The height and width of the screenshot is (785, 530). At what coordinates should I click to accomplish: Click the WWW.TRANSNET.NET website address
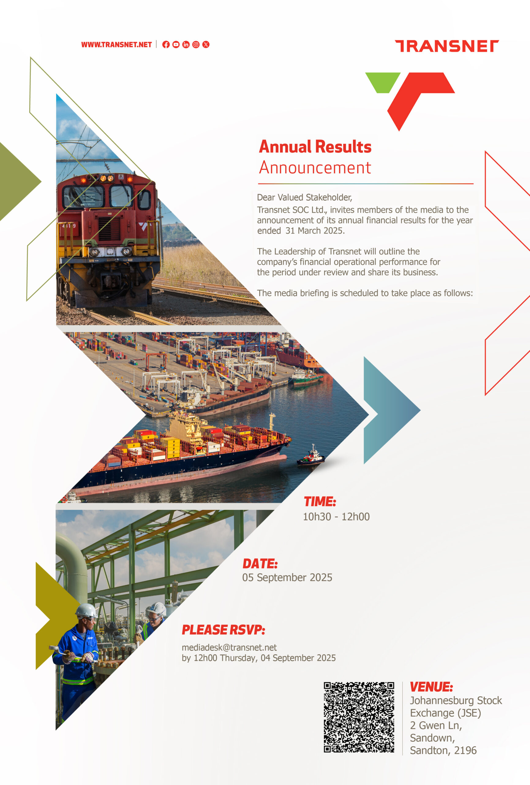116,44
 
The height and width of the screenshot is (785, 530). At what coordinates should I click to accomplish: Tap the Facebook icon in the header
166,44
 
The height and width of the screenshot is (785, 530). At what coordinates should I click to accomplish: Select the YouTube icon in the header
176,44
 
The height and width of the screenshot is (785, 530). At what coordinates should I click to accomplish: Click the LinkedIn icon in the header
186,44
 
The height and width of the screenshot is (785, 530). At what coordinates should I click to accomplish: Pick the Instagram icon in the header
196,44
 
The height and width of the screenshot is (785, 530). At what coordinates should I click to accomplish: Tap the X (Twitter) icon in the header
206,44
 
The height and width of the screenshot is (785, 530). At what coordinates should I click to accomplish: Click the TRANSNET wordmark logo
447,46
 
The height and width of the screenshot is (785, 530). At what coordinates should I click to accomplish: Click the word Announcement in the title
315,167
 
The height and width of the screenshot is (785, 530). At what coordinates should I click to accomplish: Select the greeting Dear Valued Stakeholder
304,197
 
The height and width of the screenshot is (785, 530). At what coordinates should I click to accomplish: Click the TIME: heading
320,502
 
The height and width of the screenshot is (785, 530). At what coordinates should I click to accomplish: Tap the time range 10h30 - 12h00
336,516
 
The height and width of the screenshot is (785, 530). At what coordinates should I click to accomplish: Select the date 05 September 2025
287,577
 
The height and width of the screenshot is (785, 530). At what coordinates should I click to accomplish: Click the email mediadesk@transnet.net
229,647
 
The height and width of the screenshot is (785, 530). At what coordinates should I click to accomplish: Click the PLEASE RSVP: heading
223,630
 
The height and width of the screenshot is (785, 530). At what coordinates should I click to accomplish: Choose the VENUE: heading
431,687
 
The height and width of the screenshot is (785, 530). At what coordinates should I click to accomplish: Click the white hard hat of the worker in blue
86,611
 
